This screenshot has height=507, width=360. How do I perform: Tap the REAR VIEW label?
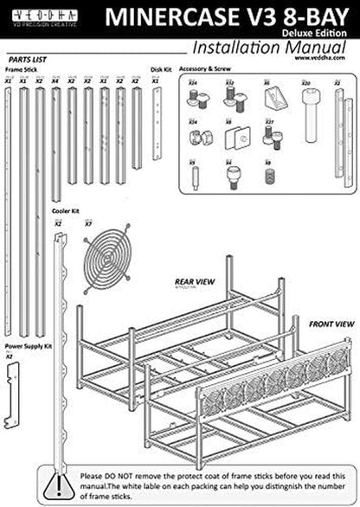(193, 280)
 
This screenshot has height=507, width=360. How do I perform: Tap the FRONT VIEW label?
(332, 324)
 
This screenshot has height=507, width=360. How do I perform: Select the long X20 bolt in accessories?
(307, 107)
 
